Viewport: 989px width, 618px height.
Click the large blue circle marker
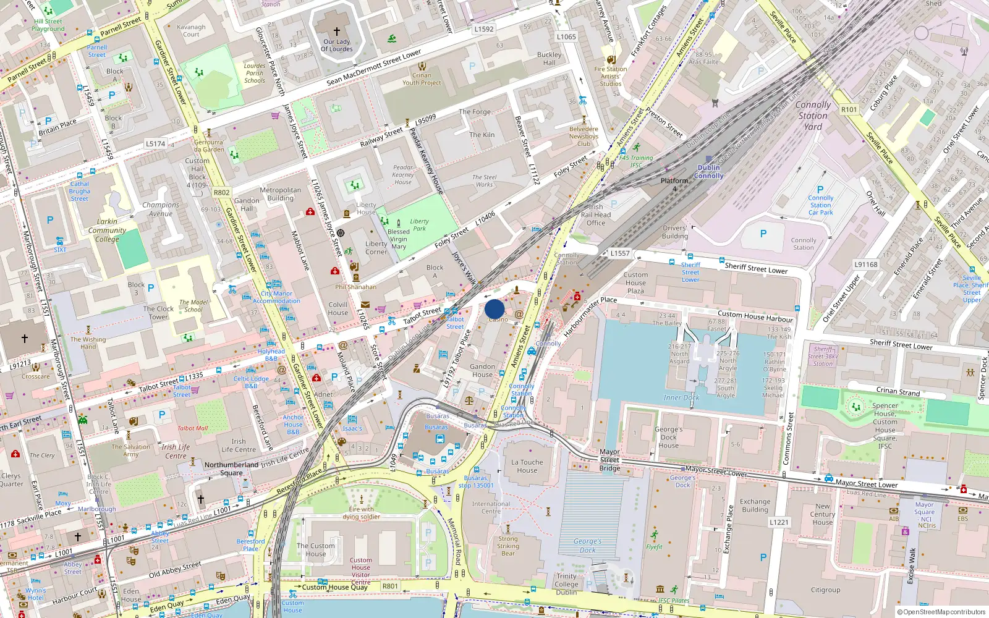pyautogui.click(x=494, y=309)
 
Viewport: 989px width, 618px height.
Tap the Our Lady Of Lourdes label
pyautogui.click(x=337, y=46)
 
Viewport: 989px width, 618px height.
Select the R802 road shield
pyautogui.click(x=221, y=192)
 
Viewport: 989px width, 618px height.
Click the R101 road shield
pyautogui.click(x=849, y=109)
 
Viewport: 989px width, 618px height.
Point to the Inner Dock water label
pyautogui.click(x=681, y=397)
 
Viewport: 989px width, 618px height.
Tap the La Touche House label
pyautogui.click(x=527, y=466)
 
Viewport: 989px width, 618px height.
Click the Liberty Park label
pyautogui.click(x=419, y=225)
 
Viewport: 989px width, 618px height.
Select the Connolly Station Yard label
pyautogui.click(x=813, y=116)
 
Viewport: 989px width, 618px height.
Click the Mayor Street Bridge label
pyautogui.click(x=609, y=460)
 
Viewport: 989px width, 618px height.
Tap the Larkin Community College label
pyautogui.click(x=107, y=230)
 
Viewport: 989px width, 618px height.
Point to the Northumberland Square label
pyautogui.click(x=231, y=468)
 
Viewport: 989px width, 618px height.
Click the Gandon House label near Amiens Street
pyautogui.click(x=482, y=370)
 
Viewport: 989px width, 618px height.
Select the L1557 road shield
pyautogui.click(x=620, y=253)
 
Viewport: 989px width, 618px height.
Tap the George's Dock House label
pyautogui.click(x=668, y=437)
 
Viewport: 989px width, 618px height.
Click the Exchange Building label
pyautogui.click(x=755, y=506)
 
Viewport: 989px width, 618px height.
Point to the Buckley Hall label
pyautogui.click(x=549, y=58)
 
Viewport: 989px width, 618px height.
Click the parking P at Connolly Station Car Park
pyautogui.click(x=820, y=190)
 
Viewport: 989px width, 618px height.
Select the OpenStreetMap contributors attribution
pyautogui.click(x=941, y=612)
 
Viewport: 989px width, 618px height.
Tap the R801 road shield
pyautogui.click(x=390, y=586)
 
